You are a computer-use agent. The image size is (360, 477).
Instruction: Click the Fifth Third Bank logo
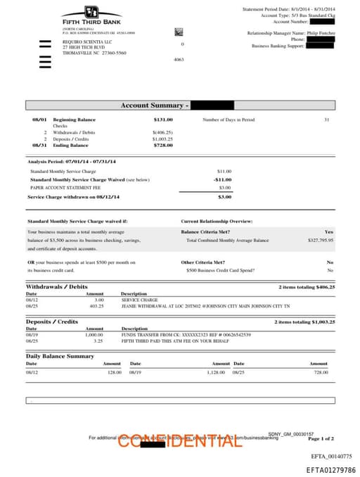point(91,15)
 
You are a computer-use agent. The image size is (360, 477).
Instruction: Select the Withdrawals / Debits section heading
point(57,287)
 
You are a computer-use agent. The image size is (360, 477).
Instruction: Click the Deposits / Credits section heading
point(52,322)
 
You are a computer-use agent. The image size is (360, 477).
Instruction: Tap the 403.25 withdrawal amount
point(96,306)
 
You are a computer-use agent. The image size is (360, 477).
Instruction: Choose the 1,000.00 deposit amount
point(94,334)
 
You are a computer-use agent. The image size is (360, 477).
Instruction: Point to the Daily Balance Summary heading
point(60,356)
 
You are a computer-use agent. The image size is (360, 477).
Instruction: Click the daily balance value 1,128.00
point(215,371)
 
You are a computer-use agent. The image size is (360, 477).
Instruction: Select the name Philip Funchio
point(321,33)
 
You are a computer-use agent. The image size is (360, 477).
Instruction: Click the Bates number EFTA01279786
point(330,470)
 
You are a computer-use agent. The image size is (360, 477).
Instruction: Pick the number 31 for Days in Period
point(326,120)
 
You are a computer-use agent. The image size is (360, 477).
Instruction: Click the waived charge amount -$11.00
point(222,179)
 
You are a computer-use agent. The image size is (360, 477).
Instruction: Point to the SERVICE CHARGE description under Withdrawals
point(139,300)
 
